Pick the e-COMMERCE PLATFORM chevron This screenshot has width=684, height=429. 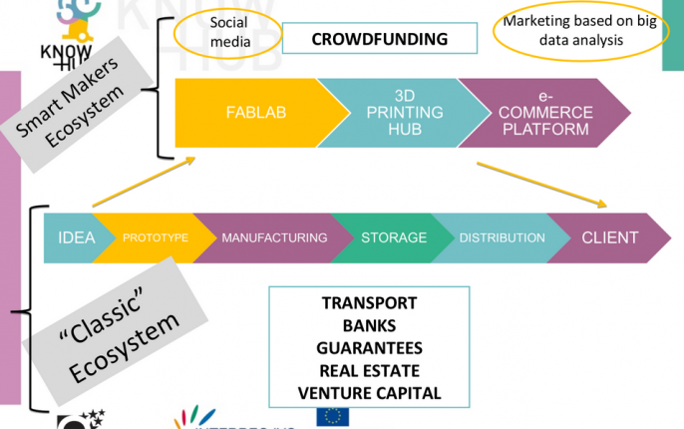(x=546, y=113)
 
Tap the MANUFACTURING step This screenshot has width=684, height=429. (x=273, y=237)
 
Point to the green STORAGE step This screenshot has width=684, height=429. (x=393, y=237)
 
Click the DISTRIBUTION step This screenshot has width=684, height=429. (x=502, y=237)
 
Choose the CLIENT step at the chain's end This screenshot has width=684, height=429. (x=610, y=237)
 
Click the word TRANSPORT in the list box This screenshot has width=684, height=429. (x=369, y=303)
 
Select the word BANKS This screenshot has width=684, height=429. (x=369, y=325)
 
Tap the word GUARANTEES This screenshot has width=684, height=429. (x=369, y=348)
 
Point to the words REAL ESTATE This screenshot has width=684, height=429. (x=369, y=370)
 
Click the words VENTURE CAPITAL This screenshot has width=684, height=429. (x=369, y=392)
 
